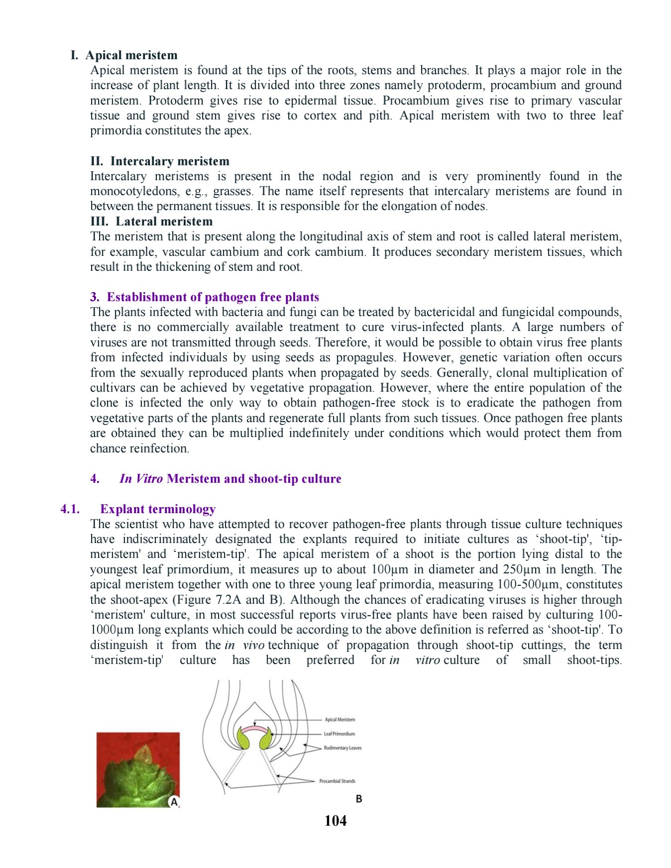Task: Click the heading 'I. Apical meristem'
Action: pyautogui.click(x=124, y=55)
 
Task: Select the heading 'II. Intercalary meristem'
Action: pyautogui.click(x=160, y=161)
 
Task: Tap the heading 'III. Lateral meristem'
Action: pyautogui.click(x=151, y=221)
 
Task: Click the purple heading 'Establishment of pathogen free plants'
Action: pyautogui.click(x=213, y=297)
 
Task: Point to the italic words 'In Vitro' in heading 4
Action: pyautogui.click(x=141, y=479)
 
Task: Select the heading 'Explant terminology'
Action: pyautogui.click(x=158, y=509)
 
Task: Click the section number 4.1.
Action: pyautogui.click(x=70, y=509)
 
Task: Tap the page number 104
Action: pyautogui.click(x=335, y=821)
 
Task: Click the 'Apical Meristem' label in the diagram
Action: pyautogui.click(x=339, y=720)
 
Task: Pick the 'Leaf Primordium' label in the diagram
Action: pyautogui.click(x=339, y=734)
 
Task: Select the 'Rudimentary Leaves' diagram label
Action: pyautogui.click(x=342, y=748)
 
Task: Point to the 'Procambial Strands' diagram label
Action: pyautogui.click(x=337, y=781)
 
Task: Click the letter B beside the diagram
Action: pyautogui.click(x=359, y=799)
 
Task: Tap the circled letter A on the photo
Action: pyautogui.click(x=174, y=802)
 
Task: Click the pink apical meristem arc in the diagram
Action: pyautogui.click(x=254, y=728)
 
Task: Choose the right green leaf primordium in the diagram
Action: pyautogui.click(x=265, y=739)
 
